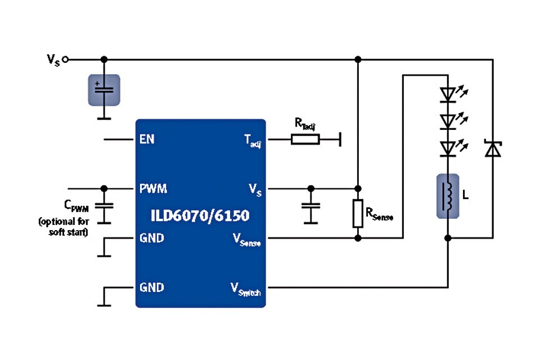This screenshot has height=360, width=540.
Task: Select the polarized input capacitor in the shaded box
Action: coord(104,89)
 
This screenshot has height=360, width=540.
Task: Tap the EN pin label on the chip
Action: coord(147,139)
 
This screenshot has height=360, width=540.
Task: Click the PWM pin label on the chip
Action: coord(153,188)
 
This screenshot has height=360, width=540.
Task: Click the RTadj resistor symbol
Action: coord(305,139)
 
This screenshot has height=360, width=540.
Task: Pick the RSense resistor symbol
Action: coord(358,213)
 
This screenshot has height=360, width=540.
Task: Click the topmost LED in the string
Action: coord(448,94)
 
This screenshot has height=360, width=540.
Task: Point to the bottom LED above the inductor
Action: coord(448,147)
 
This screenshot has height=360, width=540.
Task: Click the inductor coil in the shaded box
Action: coord(448,195)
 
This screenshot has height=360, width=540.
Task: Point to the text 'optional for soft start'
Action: coord(63,227)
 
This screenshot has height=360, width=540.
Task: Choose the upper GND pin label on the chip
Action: coord(152,238)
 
